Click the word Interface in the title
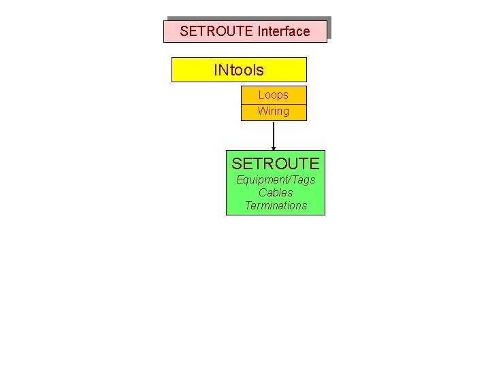click(284, 31)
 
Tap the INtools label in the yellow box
click(239, 69)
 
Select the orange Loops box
click(274, 95)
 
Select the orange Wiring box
click(274, 111)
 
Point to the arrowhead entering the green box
click(274, 147)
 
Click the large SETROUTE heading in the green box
click(276, 164)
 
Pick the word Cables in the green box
click(276, 193)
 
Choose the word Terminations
click(276, 206)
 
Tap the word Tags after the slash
click(304, 180)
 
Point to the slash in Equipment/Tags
click(290, 180)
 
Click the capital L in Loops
click(261, 95)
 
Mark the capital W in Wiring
click(262, 111)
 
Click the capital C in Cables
click(262, 193)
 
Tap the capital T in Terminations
click(248, 206)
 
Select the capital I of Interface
click(259, 31)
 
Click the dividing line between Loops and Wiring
click(274, 104)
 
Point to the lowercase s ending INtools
click(260, 70)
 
